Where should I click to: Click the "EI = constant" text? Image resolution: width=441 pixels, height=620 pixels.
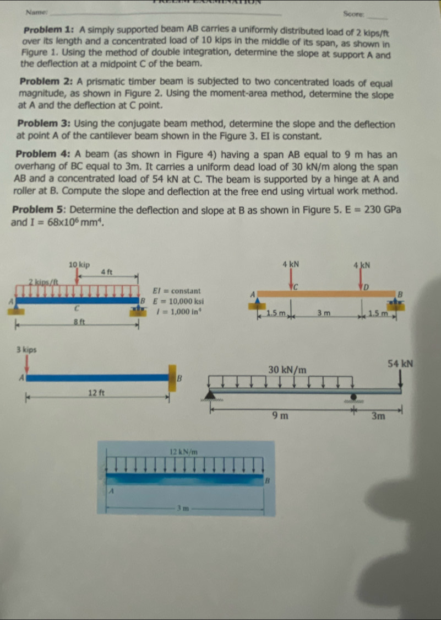coord(177,291)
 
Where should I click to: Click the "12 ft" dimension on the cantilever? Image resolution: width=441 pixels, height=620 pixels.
coord(97,393)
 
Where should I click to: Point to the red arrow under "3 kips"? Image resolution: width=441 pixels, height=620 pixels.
coord(26,364)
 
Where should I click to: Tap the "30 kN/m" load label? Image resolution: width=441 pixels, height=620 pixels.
coord(287,368)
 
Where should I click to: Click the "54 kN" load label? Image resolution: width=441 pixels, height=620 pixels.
coord(400,364)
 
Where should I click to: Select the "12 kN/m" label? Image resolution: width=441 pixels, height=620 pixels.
coord(184,452)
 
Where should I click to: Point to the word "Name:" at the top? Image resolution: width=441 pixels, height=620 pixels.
coord(37,12)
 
